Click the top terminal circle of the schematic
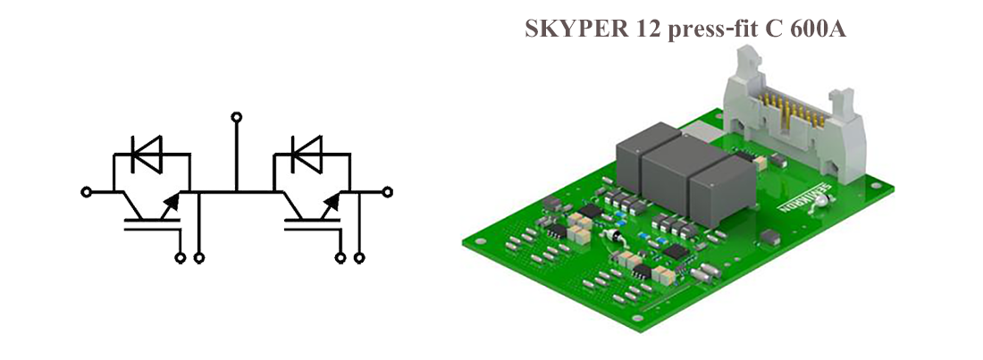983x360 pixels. pyautogui.click(x=236, y=117)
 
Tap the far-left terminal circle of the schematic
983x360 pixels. pyautogui.click(x=86, y=191)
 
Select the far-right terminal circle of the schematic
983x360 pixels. pyautogui.click(x=387, y=191)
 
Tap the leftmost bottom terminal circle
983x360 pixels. pyautogui.click(x=181, y=258)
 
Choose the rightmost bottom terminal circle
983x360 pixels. pyautogui.click(x=360, y=258)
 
